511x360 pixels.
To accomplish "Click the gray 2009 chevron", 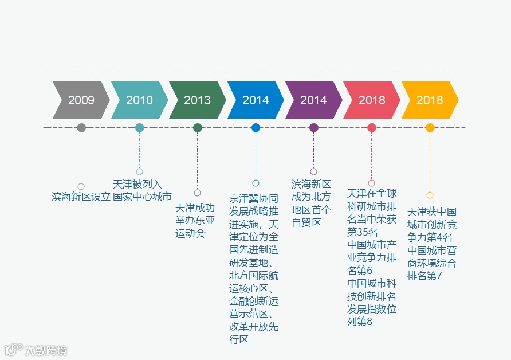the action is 81,100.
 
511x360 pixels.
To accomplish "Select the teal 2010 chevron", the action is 139,100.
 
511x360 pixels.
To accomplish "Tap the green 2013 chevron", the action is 197,100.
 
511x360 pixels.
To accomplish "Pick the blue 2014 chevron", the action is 256,100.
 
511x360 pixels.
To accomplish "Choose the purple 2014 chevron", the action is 313,100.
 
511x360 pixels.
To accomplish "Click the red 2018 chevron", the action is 372,100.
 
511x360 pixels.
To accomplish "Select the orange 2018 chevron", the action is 430,100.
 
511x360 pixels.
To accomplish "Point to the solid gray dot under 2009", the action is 81,128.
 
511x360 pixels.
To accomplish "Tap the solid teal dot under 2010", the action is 139,128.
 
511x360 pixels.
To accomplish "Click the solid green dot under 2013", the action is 198,128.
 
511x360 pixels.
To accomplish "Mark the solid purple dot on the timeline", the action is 313,128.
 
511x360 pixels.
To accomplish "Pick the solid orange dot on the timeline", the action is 430,128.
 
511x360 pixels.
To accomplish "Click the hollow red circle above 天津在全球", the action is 371,183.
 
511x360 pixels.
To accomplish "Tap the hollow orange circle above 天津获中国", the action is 430,195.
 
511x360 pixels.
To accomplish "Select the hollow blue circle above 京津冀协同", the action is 256,183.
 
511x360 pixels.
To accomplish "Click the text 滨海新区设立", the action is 81,197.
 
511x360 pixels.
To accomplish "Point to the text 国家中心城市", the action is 142,197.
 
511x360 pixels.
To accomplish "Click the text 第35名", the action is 363,232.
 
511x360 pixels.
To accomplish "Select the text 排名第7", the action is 424,276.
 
